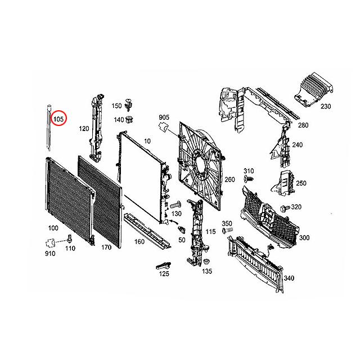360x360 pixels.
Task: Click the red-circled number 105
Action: pyautogui.click(x=58, y=119)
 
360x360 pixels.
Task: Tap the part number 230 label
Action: pyautogui.click(x=326, y=106)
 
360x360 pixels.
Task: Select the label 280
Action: pyautogui.click(x=303, y=125)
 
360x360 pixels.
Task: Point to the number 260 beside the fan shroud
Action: pyautogui.click(x=229, y=179)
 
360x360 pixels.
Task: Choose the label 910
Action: pyautogui.click(x=51, y=254)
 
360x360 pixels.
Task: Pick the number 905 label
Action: pyautogui.click(x=164, y=117)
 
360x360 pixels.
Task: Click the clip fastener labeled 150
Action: pyautogui.click(x=130, y=104)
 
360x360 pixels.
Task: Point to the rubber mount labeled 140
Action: pyautogui.click(x=130, y=119)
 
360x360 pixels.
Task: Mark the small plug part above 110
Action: pyautogui.click(x=69, y=237)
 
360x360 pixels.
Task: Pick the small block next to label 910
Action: pyautogui.click(x=49, y=243)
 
